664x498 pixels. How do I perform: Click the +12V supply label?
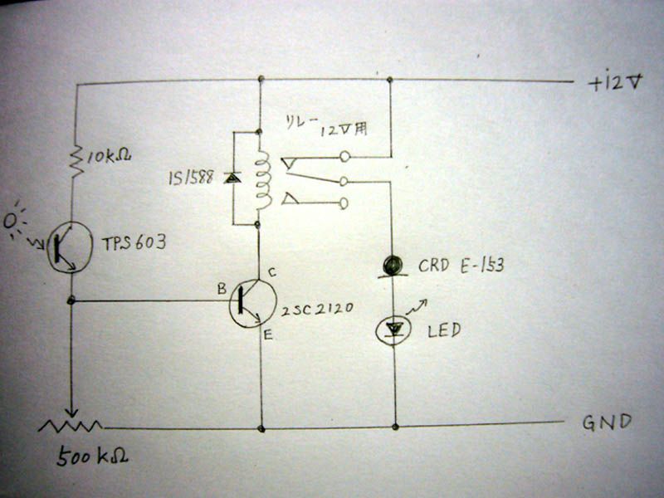coord(616,82)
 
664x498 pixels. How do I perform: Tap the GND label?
coord(608,422)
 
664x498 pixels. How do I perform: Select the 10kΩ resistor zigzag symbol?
coord(76,161)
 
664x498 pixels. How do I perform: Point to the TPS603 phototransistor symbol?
coord(69,247)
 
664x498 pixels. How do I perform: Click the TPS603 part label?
coord(134,243)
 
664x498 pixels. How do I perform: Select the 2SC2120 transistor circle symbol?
coord(253,303)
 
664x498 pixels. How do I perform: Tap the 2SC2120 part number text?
coord(317,309)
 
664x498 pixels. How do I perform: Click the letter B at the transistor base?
coord(222,289)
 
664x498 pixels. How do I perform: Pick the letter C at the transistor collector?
coord(272,272)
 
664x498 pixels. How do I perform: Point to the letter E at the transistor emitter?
coord(267,335)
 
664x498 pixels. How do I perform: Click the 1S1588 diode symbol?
coord(232,178)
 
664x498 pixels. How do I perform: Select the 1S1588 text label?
coord(191,178)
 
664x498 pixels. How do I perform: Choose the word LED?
coord(444,330)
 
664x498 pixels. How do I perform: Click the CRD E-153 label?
coord(461,266)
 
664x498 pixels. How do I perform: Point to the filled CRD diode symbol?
coord(393,266)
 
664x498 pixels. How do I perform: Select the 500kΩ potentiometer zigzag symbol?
coord(71,426)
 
